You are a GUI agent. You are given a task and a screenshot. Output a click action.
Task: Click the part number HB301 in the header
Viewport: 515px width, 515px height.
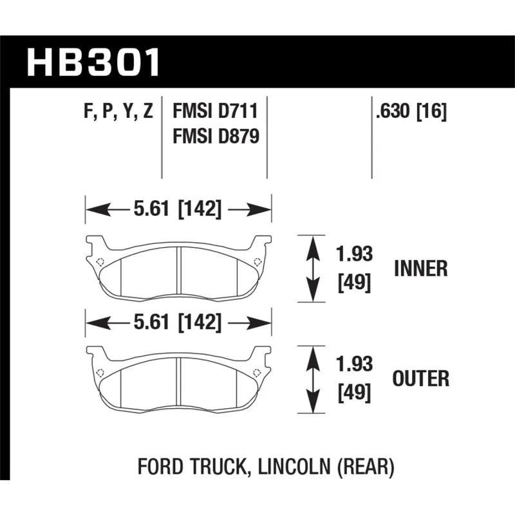(x=93, y=62)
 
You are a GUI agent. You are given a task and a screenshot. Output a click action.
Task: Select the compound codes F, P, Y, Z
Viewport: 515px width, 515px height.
(x=118, y=111)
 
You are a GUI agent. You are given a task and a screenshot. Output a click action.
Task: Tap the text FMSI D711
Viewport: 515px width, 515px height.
(x=216, y=111)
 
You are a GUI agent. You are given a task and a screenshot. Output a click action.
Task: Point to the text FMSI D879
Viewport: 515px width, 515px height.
(x=216, y=136)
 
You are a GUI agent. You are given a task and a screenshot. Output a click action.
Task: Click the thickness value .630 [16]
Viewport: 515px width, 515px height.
(x=411, y=111)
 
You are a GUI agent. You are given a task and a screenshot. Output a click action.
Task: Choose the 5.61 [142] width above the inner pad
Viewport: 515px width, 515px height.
(x=178, y=209)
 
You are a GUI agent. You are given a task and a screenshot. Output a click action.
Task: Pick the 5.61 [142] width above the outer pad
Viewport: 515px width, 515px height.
(x=178, y=322)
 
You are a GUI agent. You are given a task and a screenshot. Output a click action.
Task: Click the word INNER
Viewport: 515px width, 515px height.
(x=421, y=268)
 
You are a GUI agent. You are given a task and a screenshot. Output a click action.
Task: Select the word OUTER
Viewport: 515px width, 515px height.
(x=421, y=379)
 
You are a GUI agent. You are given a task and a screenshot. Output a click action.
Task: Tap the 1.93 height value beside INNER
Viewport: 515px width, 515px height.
(x=355, y=254)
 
